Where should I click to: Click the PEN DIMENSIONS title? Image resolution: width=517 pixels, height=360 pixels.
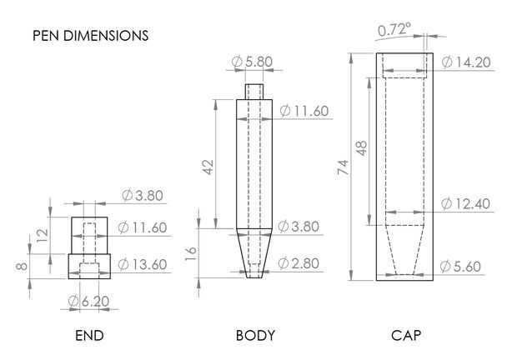point(90,36)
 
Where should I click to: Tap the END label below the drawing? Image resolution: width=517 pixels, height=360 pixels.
point(89,336)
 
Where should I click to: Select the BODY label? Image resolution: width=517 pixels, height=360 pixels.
point(255,336)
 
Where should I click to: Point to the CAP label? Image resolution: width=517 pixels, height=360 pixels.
point(406,336)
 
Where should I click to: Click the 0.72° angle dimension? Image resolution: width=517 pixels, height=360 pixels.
point(394,30)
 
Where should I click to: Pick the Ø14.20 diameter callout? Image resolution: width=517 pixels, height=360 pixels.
point(466,62)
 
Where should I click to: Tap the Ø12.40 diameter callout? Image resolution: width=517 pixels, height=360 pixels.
point(465,204)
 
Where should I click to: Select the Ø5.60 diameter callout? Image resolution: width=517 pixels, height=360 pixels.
point(460,267)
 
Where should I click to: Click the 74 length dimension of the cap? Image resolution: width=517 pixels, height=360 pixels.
point(343,167)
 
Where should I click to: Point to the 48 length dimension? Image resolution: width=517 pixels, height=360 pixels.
point(362,148)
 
